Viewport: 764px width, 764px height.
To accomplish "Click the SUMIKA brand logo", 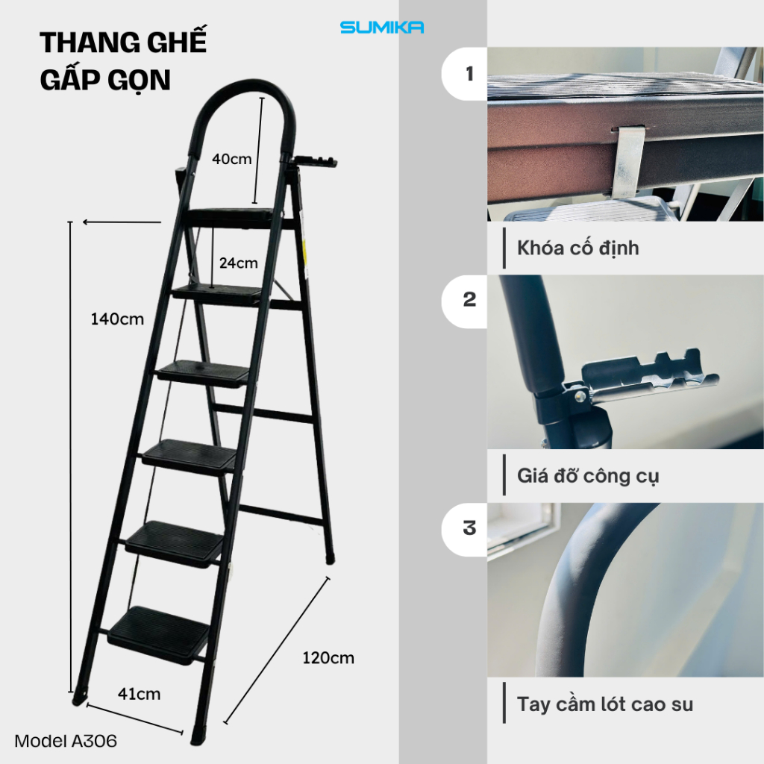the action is (x=381, y=28).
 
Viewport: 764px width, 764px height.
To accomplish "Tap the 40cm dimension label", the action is (x=231, y=159).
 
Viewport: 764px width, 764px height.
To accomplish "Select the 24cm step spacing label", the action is (x=238, y=263).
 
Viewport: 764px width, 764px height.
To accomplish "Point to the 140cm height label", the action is (x=117, y=319).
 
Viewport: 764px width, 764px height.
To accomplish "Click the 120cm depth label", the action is (x=328, y=658).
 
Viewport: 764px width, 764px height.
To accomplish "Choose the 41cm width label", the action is (x=139, y=694).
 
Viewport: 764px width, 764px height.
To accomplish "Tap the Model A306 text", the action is (x=66, y=741).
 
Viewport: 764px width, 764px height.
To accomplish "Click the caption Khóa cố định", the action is (x=578, y=248).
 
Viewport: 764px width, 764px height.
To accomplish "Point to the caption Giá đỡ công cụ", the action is (x=588, y=476).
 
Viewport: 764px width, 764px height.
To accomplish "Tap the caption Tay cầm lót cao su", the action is (x=604, y=704).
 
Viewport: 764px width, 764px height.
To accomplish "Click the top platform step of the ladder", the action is (x=231, y=217).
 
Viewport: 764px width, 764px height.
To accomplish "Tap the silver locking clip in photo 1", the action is (x=627, y=162).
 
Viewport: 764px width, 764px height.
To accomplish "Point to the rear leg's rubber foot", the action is (x=330, y=558).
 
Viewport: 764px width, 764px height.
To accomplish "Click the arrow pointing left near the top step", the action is (x=122, y=222).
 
